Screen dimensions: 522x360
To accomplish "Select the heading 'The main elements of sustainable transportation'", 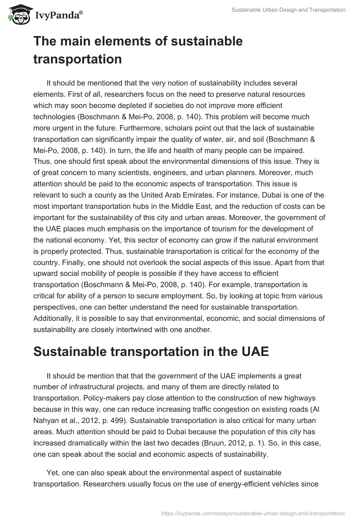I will [x=138, y=50].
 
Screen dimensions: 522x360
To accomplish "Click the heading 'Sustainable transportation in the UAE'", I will [x=151, y=351].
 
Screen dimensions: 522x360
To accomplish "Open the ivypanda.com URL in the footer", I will [x=253, y=513].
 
